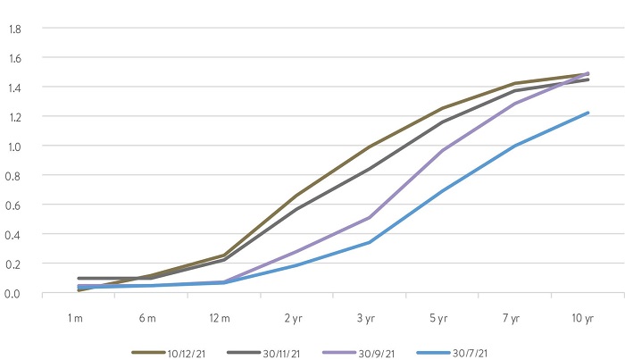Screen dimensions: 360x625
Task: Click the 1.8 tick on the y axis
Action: coord(14,29)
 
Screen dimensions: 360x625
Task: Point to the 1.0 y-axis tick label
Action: coord(14,146)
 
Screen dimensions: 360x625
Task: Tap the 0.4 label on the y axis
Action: coord(14,234)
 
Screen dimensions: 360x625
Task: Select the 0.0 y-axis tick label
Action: coord(14,293)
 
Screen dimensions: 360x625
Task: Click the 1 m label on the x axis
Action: coord(78,319)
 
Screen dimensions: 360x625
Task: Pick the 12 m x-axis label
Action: coord(223,319)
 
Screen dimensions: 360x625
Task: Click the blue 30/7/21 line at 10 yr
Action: coord(587,113)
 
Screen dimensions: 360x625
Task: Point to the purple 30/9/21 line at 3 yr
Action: coord(370,217)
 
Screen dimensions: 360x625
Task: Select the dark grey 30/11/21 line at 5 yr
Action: coord(442,121)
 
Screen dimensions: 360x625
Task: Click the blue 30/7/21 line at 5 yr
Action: coord(442,191)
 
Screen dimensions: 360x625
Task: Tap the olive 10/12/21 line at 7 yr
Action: coord(515,83)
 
